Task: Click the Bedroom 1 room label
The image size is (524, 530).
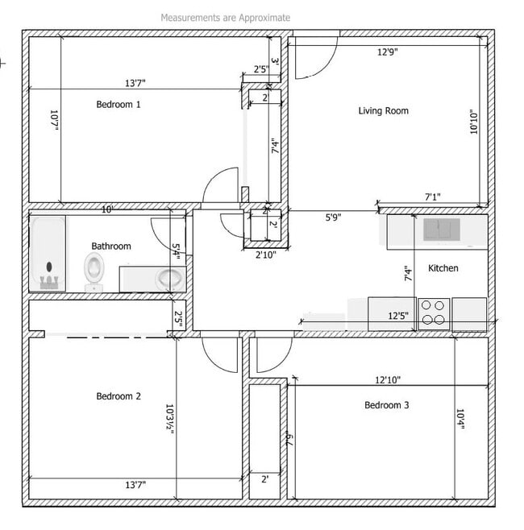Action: coord(119,104)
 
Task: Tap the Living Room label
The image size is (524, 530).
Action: coord(383,110)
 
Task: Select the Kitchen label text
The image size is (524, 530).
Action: coord(443,268)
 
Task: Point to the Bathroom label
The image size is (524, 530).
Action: coord(110,246)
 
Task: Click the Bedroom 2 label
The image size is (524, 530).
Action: coord(119,395)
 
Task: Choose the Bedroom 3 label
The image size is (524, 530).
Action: coord(386,405)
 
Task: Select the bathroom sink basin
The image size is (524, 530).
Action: coord(168,279)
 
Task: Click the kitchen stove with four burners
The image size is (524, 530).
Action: coord(434,313)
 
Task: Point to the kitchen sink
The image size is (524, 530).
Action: coord(442,230)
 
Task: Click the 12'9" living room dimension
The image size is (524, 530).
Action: coord(388,52)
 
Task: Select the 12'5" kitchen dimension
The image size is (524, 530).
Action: coord(397,316)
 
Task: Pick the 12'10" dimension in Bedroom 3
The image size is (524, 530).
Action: coord(387,379)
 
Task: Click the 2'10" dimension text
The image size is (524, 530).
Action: coord(266,255)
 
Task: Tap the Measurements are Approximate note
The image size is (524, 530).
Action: coord(225,17)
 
